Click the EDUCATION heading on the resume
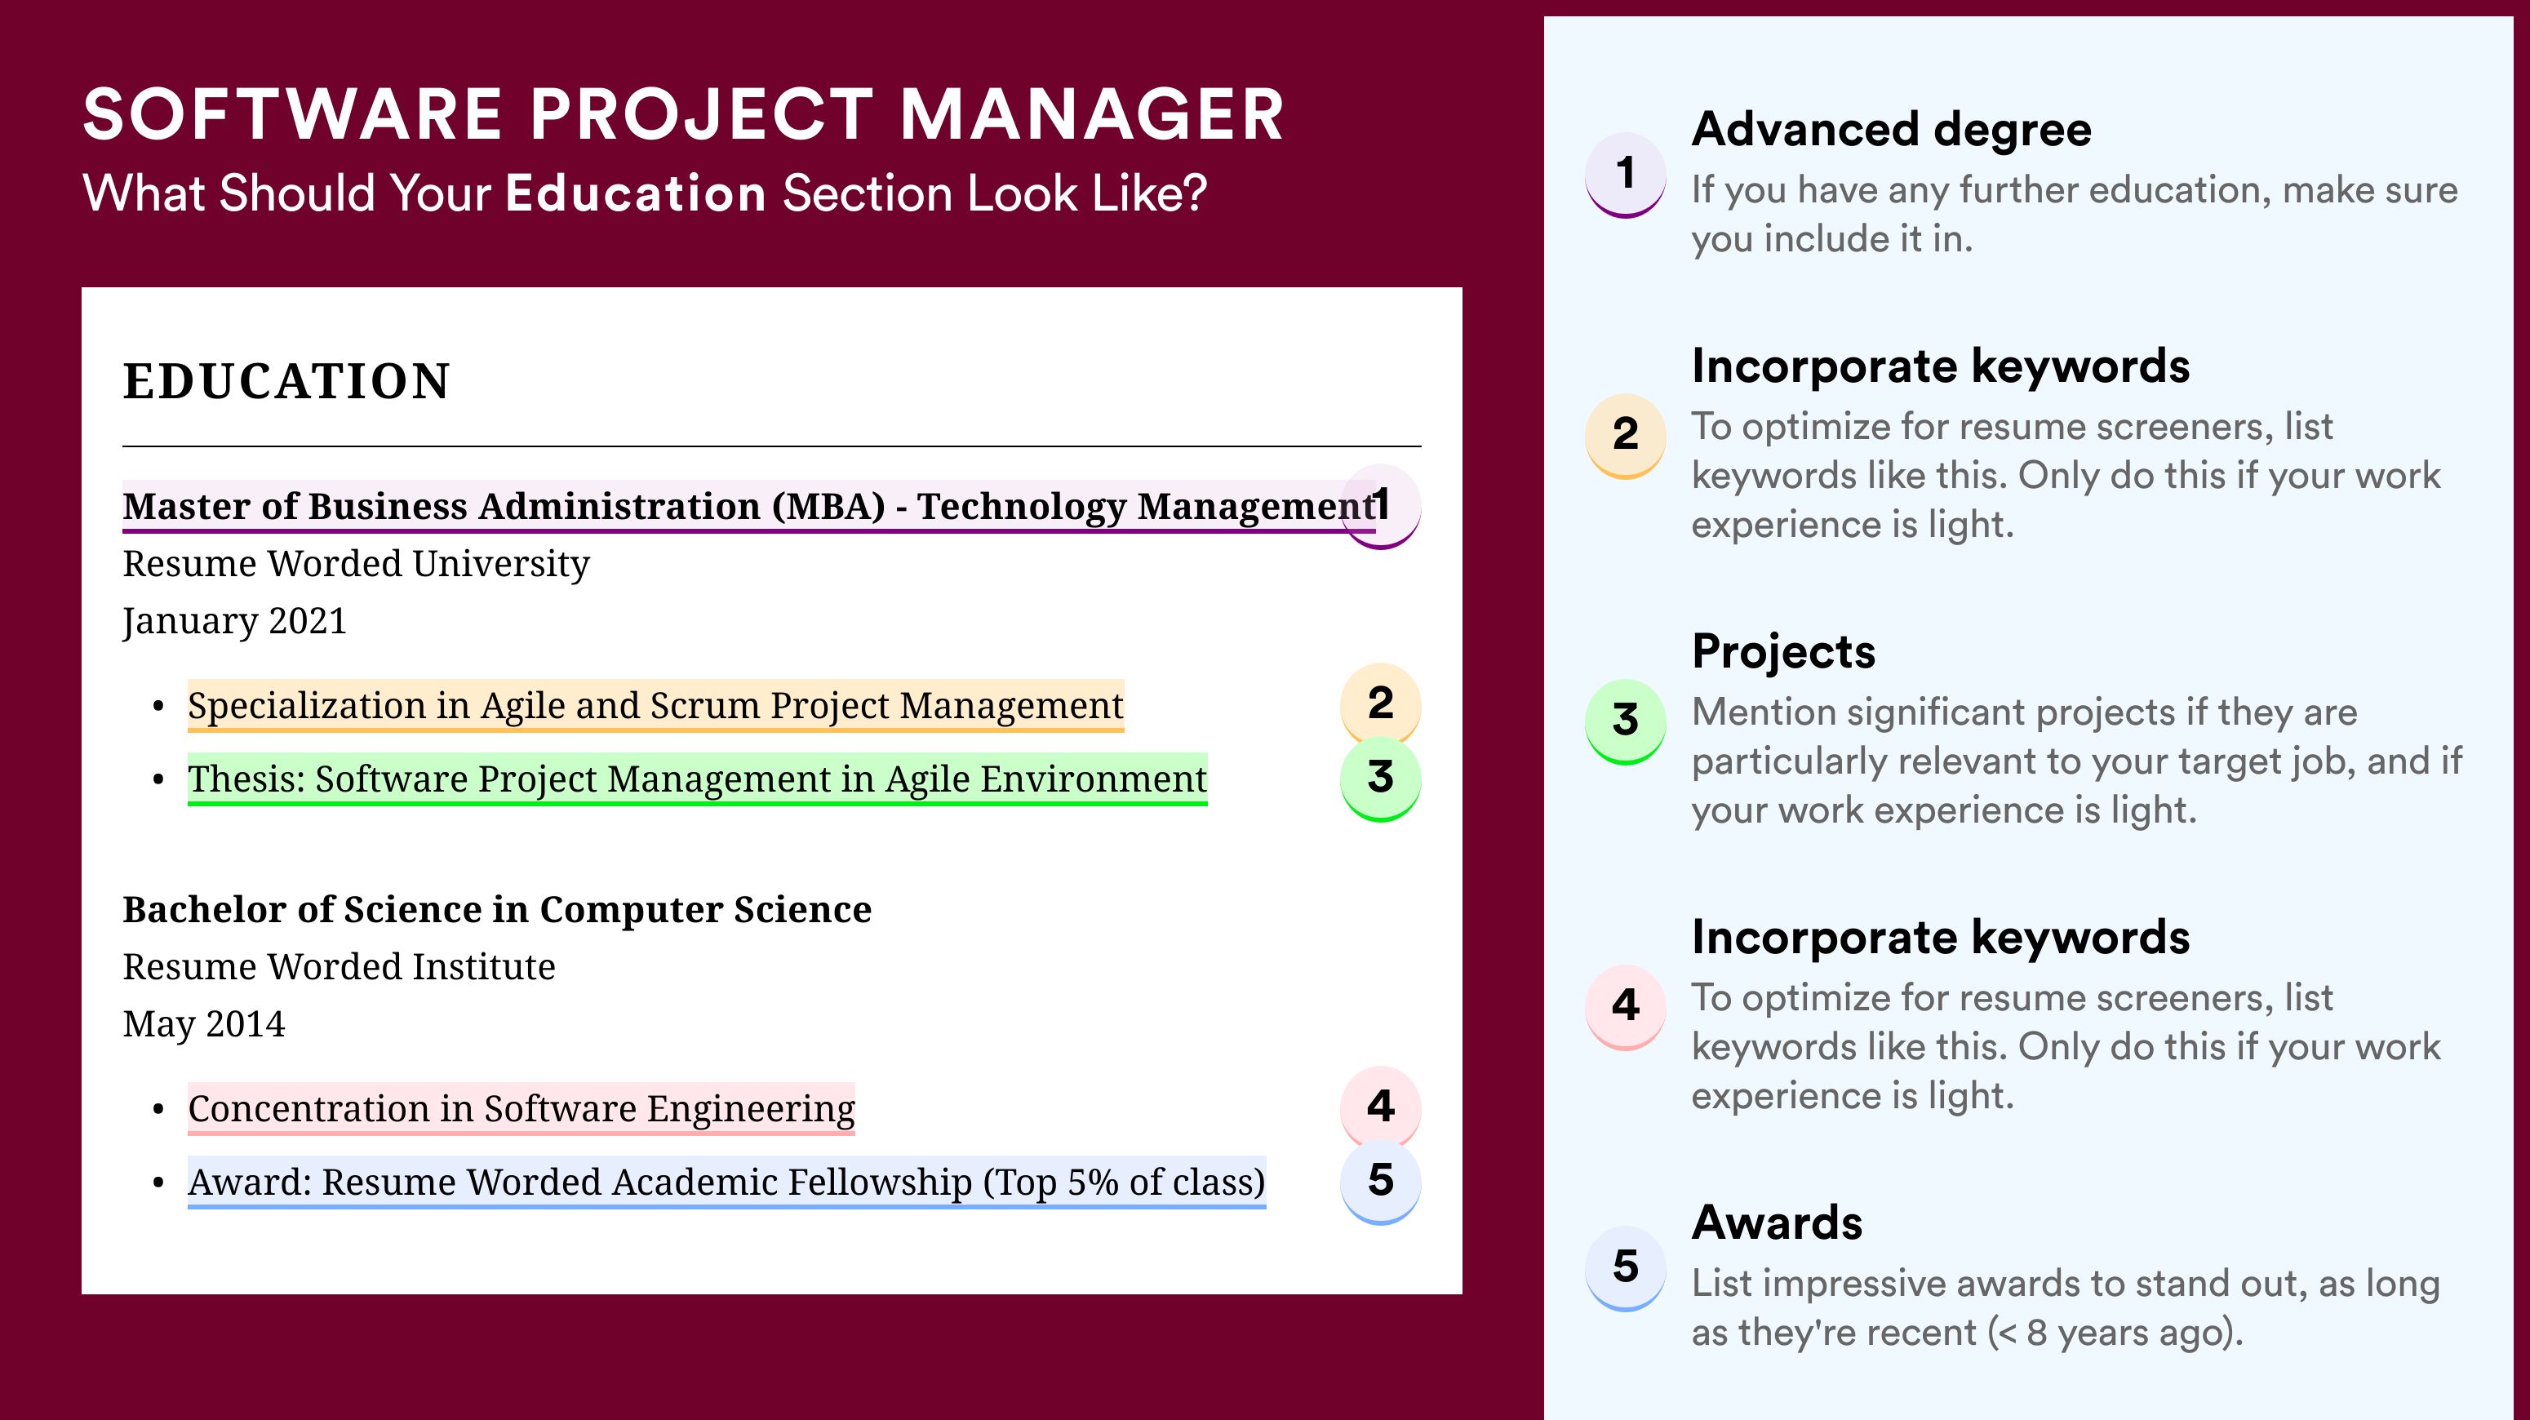pyautogui.click(x=286, y=381)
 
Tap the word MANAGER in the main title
pyautogui.click(x=1091, y=115)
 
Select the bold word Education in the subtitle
pyautogui.click(x=636, y=193)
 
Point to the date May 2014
pyautogui.click(x=204, y=1024)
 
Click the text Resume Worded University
pyautogui.click(x=357, y=564)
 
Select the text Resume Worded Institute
pyautogui.click(x=339, y=967)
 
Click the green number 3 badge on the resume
pyautogui.click(x=1380, y=779)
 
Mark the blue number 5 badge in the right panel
pyautogui.click(x=1626, y=1267)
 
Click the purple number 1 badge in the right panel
pyautogui.click(x=1626, y=174)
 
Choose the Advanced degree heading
pyautogui.click(x=1892, y=131)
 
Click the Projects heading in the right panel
pyautogui.click(x=1783, y=651)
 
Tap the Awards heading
pyautogui.click(x=1777, y=1223)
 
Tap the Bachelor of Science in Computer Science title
pyautogui.click(x=497, y=909)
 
